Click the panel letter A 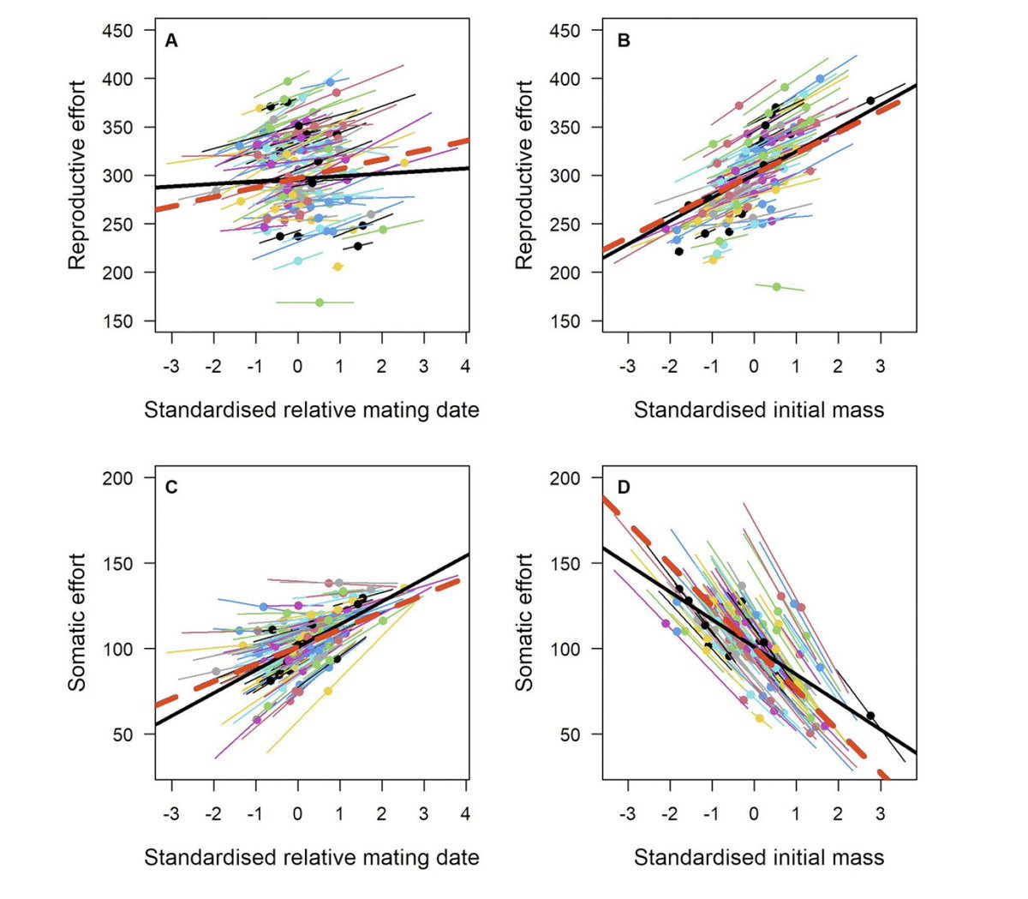171,41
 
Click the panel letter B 624,41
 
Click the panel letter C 171,488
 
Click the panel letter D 624,488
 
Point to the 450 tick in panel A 117,31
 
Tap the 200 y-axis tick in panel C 117,478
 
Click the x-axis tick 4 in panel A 466,367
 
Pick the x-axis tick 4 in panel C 466,814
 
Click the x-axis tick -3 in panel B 627,367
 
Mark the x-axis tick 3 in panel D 880,814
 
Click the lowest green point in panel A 320,303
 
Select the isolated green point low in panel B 777,287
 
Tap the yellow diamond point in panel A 338,267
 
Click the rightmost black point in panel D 870,716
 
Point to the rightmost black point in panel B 870,101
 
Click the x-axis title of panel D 758,858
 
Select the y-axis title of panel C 77,622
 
